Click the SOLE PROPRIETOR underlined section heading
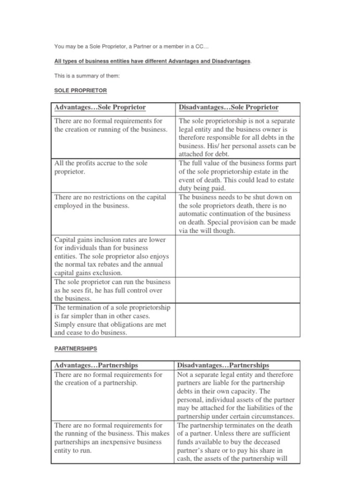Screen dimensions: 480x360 click(80, 91)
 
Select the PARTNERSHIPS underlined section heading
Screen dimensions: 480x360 click(76, 348)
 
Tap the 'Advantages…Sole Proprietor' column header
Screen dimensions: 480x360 click(100, 107)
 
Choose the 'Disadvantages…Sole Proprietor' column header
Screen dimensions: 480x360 click(229, 107)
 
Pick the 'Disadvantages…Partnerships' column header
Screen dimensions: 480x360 click(224, 365)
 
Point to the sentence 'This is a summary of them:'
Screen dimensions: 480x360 click(87, 76)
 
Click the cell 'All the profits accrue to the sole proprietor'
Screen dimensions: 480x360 click(101, 167)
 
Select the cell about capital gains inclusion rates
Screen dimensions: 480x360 click(112, 256)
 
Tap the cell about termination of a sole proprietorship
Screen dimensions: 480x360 click(113, 320)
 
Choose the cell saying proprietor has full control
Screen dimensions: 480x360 click(112, 290)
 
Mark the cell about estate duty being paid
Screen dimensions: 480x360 click(237, 175)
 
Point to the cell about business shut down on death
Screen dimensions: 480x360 click(237, 214)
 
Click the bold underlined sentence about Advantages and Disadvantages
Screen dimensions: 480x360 click(153, 61)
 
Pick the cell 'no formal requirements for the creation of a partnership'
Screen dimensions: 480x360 click(108, 378)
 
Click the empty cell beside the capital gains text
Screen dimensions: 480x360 click(237, 256)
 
